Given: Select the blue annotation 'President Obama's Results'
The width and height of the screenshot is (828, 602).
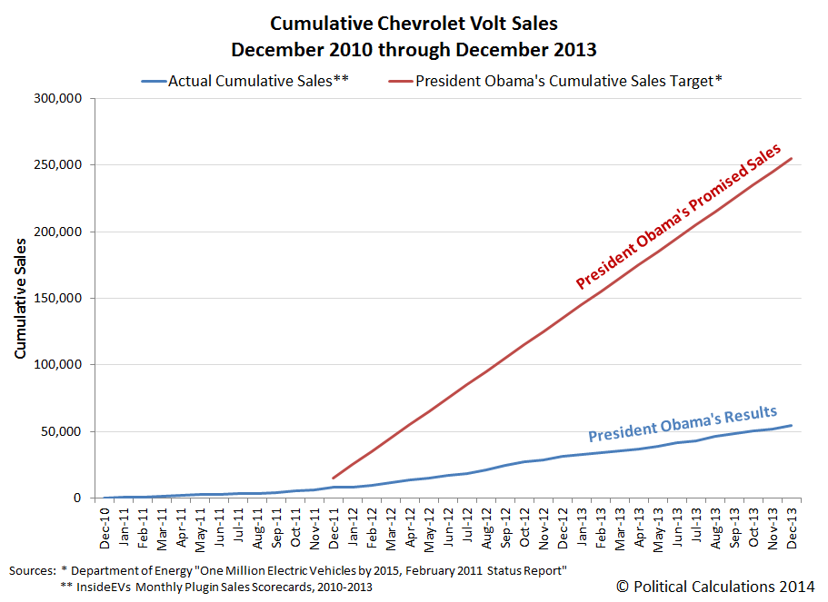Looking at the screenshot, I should pyautogui.click(x=682, y=423).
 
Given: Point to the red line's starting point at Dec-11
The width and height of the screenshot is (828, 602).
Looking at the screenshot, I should pyautogui.click(x=334, y=478).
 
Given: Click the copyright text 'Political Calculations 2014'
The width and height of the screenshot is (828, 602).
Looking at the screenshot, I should pyautogui.click(x=715, y=587).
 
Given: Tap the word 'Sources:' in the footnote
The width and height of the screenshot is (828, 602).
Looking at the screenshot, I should pyautogui.click(x=33, y=570).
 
